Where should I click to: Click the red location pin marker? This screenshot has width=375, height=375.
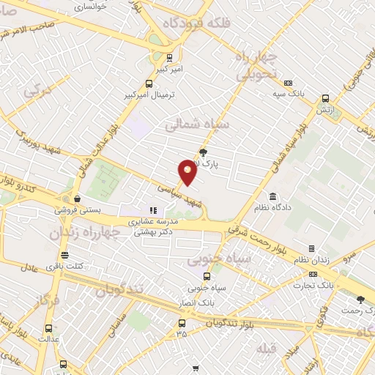pos(188,171)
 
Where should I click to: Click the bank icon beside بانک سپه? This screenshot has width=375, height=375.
pos(289,83)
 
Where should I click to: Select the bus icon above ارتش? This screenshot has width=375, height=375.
pos(324,98)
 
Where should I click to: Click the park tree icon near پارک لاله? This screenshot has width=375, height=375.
pos(203,152)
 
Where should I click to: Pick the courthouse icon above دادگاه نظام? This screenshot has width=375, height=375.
pos(272,197)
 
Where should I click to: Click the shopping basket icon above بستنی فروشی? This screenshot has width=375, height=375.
pos(77,198)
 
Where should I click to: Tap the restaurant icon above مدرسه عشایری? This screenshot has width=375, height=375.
pos(153,210)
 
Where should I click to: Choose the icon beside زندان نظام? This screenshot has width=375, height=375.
pos(311,249)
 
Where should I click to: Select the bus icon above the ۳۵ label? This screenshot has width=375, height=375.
pos(182,322)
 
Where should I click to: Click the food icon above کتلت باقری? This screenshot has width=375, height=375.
pos(65,256)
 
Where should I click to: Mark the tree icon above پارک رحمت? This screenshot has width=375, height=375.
pos(360,299)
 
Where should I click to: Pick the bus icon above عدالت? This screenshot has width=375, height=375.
pos(48,328)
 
